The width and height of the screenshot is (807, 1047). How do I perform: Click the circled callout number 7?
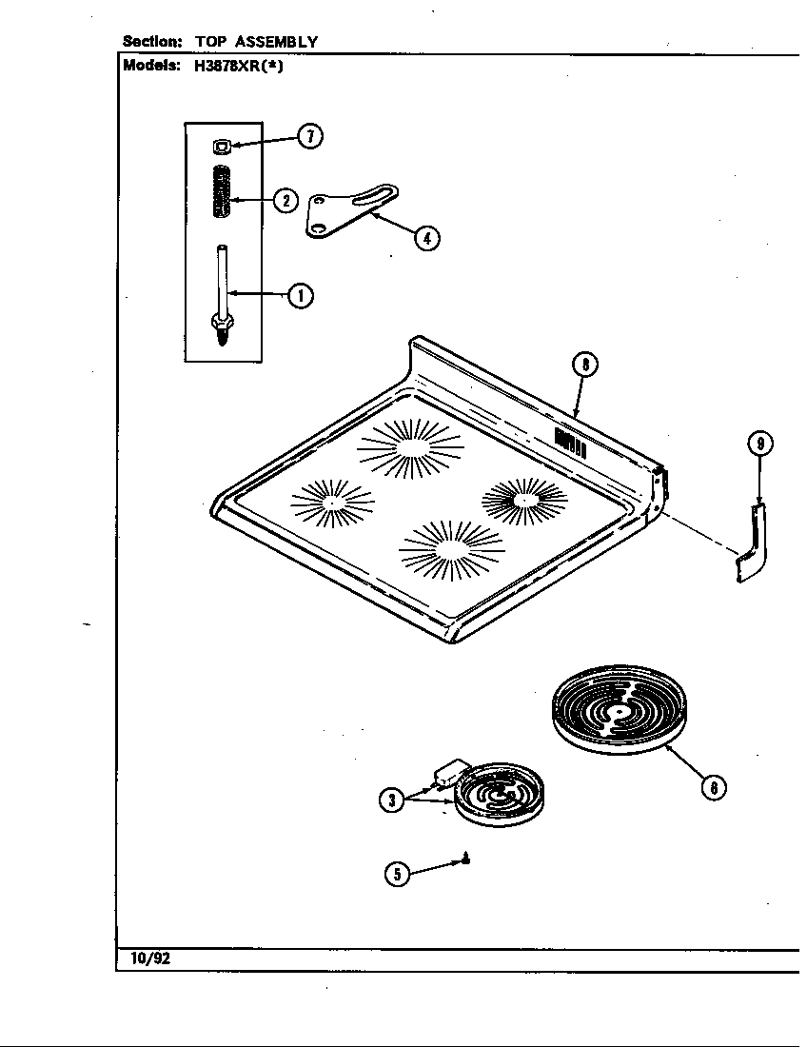pyautogui.click(x=309, y=137)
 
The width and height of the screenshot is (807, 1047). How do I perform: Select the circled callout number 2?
pyautogui.click(x=285, y=200)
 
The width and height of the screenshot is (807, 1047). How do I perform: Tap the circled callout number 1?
pyautogui.click(x=301, y=295)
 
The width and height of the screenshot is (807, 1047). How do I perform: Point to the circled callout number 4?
pyautogui.click(x=427, y=238)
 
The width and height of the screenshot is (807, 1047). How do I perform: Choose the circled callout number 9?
pyautogui.click(x=759, y=444)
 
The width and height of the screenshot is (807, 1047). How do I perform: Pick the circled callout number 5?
pyautogui.click(x=398, y=874)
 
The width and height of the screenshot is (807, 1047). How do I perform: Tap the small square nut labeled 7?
pyautogui.click(x=222, y=146)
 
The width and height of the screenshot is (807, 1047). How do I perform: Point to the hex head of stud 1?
pyautogui.click(x=222, y=328)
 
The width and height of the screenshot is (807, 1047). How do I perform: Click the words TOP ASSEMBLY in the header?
pyautogui.click(x=257, y=42)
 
